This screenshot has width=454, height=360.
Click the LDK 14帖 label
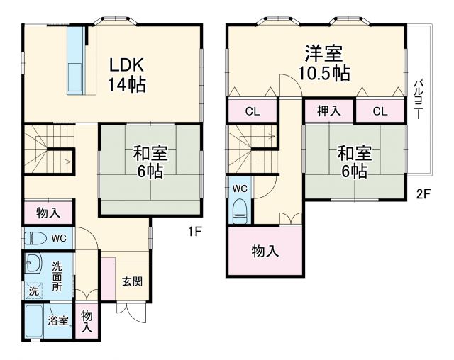coord(128,74)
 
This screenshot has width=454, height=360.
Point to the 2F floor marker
coord(423,193)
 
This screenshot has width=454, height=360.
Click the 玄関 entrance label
coord(131,281)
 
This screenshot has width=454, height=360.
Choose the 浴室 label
coord(58,320)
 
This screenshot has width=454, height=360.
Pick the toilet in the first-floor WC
coord(35,238)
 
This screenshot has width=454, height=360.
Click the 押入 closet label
coord(329,111)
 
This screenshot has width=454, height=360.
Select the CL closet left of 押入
coord(253,111)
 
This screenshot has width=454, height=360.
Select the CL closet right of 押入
coord(380,111)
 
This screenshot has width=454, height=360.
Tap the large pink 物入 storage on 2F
coord(265,251)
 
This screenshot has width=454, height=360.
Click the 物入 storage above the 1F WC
coord(48,213)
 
